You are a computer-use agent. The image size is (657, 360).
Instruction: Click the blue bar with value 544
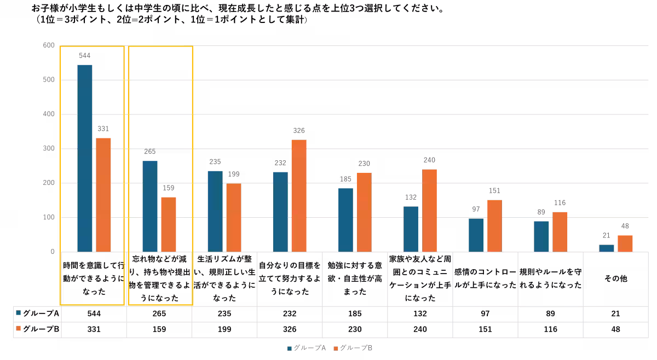click(85, 158)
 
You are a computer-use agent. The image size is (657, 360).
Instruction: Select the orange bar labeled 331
click(103, 195)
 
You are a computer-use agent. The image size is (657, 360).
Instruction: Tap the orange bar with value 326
click(299, 195)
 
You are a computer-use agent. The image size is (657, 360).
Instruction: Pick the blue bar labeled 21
click(607, 248)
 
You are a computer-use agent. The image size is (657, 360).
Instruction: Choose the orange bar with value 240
click(429, 210)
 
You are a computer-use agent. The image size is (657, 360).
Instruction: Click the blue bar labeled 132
click(411, 229)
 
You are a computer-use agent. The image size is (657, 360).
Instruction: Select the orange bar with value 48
click(625, 243)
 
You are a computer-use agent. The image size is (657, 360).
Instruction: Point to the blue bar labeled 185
click(345, 220)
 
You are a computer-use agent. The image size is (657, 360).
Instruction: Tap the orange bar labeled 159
click(169, 224)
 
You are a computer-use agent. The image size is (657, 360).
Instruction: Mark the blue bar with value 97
click(476, 235)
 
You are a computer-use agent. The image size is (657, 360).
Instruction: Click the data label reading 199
click(233, 175)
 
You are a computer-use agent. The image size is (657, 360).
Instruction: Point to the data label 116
click(560, 203)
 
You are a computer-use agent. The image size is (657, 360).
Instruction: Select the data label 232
click(280, 163)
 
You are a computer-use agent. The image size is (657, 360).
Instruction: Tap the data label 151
click(494, 191)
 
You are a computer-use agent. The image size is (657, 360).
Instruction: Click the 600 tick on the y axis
click(49, 45)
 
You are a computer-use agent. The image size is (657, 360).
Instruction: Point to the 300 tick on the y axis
click(49, 149)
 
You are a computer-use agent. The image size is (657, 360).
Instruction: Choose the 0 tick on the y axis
click(53, 252)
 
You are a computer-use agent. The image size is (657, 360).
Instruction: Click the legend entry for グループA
click(307, 348)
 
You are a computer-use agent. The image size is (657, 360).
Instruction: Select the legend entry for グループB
click(353, 348)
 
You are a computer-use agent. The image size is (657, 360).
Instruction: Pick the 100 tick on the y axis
click(49, 218)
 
